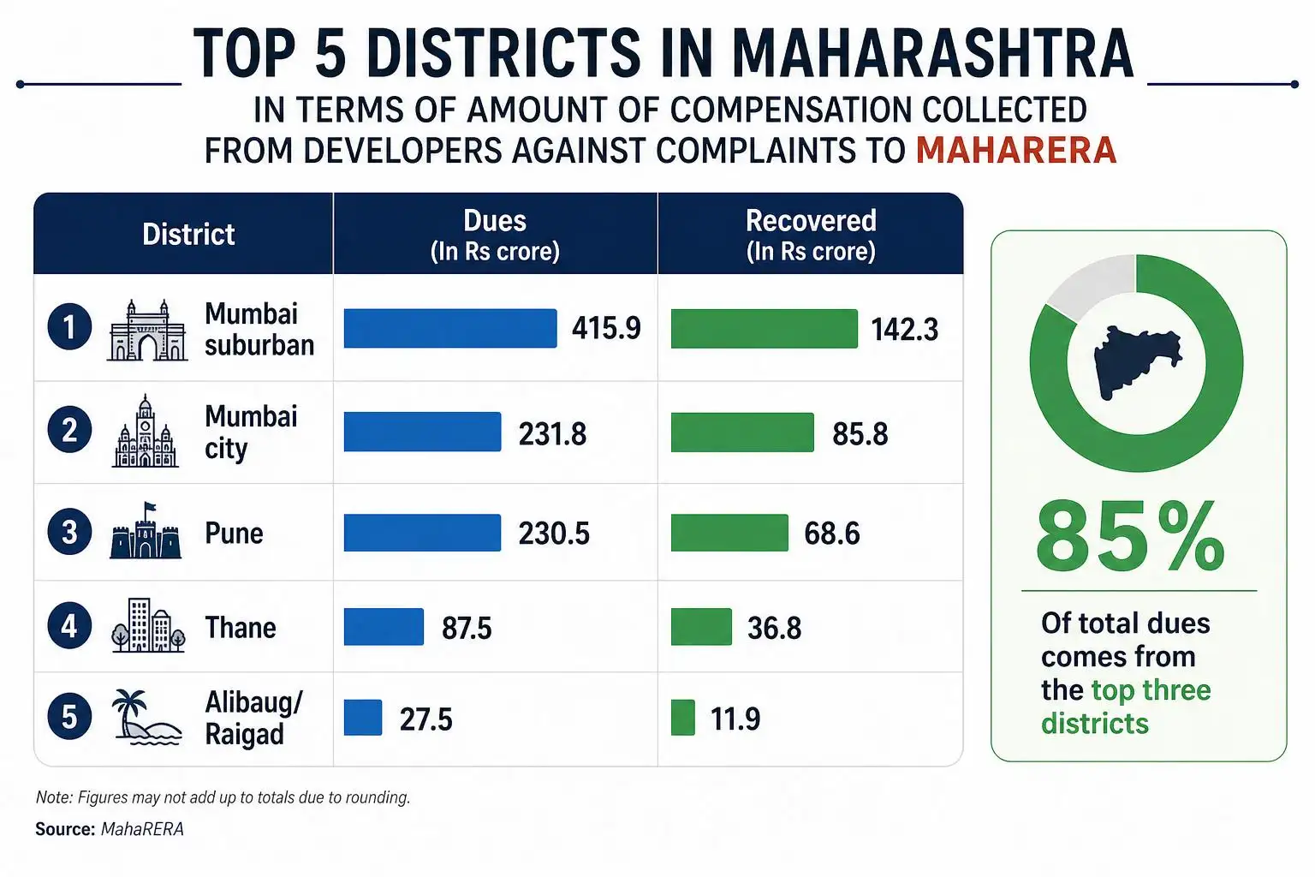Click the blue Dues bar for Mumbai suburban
click(450, 328)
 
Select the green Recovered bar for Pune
click(729, 533)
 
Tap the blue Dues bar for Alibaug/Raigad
click(363, 717)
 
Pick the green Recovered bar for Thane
click(701, 627)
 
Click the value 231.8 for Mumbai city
click(552, 435)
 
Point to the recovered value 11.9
click(735, 719)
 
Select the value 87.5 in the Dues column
click(467, 628)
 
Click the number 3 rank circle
click(69, 532)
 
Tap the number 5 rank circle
click(69, 717)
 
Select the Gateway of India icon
click(147, 330)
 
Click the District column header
click(188, 235)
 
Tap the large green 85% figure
click(1131, 536)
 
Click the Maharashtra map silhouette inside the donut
click(1137, 362)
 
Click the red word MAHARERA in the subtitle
click(1016, 150)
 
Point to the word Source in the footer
click(64, 829)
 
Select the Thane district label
click(241, 628)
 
